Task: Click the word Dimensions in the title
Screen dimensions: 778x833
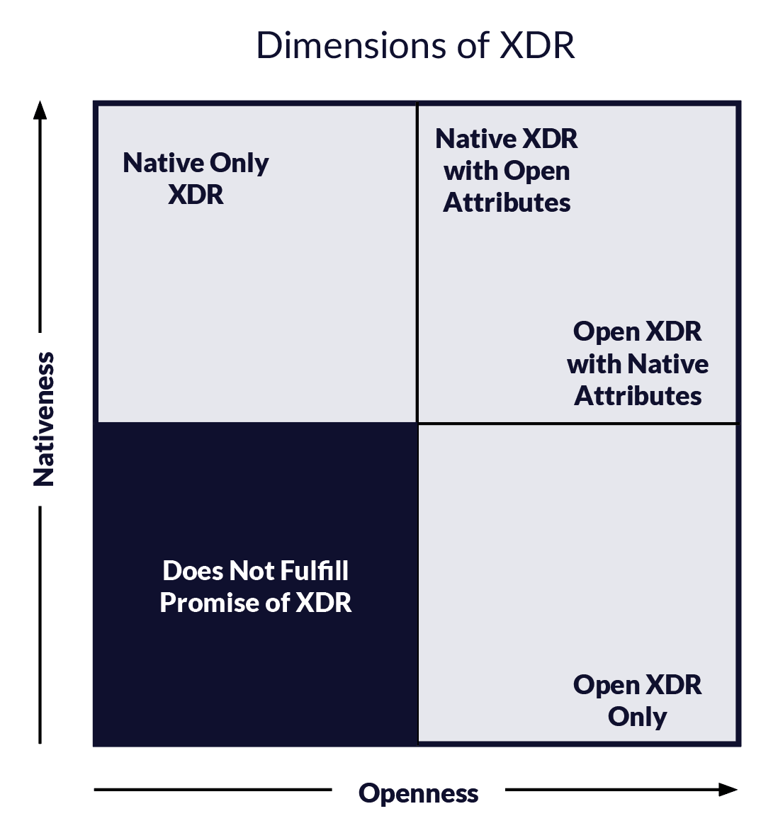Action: [351, 45]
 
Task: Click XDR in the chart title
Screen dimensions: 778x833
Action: [537, 45]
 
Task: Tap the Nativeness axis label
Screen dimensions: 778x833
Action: [44, 419]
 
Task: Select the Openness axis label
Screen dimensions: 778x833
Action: [418, 793]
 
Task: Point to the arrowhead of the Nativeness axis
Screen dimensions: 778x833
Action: [40, 110]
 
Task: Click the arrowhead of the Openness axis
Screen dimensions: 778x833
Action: [728, 789]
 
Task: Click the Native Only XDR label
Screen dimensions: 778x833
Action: [196, 178]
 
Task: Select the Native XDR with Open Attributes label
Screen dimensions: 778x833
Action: [507, 171]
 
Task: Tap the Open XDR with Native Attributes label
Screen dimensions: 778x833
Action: [638, 364]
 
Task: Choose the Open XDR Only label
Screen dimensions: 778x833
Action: [637, 701]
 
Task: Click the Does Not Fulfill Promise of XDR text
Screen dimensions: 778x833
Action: [256, 586]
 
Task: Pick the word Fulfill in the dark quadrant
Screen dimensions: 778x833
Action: [314, 571]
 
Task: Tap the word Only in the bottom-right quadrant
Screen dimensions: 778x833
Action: [637, 717]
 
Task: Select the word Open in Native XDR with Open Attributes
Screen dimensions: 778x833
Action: [537, 171]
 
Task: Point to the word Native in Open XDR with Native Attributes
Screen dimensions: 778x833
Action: [668, 364]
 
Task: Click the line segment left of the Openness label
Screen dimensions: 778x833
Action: [213, 789]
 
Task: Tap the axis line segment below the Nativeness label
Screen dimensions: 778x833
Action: [40, 625]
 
